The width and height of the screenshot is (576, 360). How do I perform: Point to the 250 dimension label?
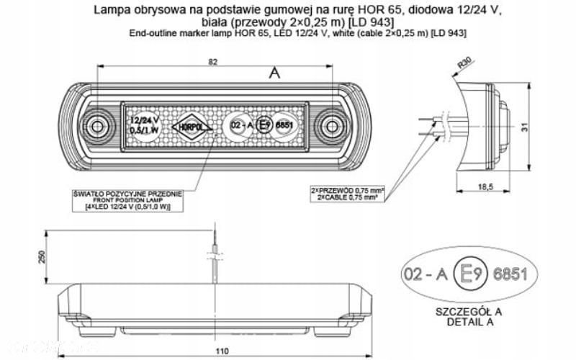click(x=42, y=256)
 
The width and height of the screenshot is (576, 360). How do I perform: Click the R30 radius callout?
click(x=465, y=66)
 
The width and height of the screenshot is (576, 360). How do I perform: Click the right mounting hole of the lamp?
click(x=331, y=127)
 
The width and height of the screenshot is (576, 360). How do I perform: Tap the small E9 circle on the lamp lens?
click(x=264, y=125)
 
